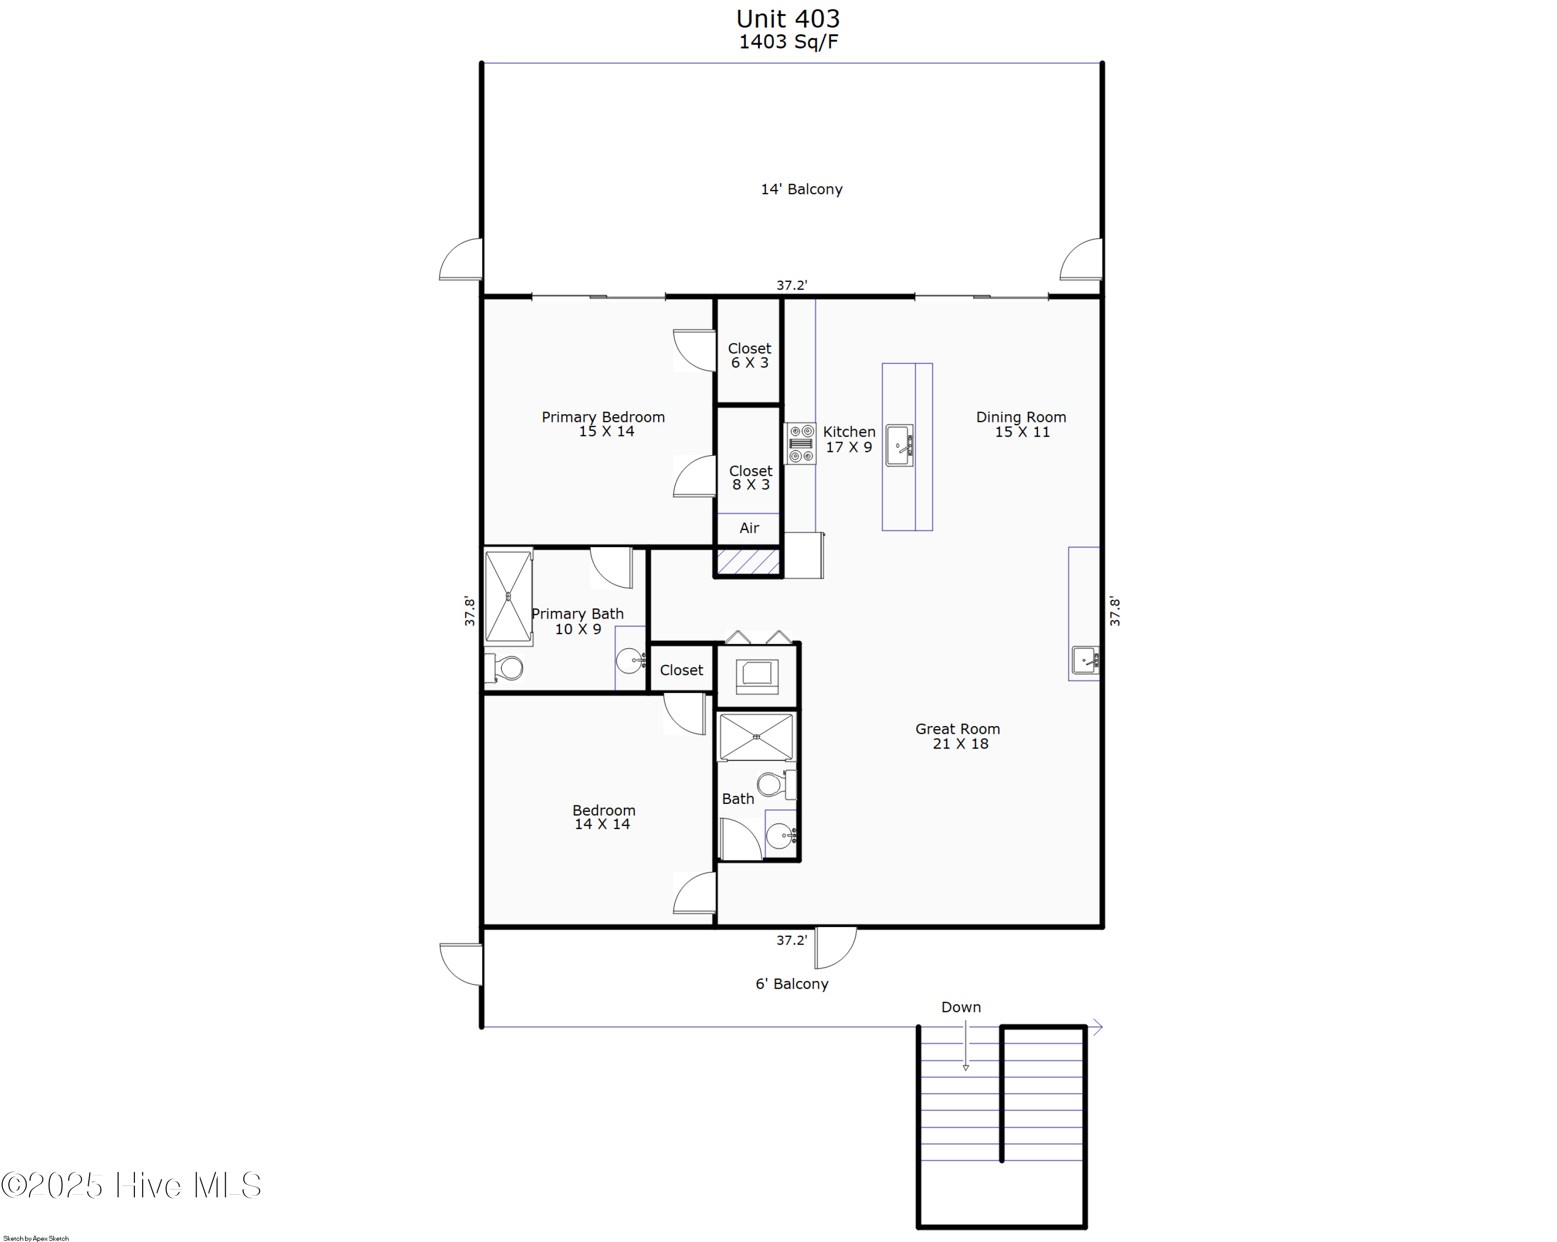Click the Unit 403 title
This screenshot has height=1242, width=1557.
pos(788,19)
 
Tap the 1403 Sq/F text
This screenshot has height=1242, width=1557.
pos(788,42)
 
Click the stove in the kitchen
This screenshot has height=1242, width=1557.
pos(800,443)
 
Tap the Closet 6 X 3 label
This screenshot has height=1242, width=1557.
pos(749,356)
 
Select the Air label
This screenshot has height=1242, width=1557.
pos(749,528)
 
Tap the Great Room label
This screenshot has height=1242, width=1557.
pos(958,736)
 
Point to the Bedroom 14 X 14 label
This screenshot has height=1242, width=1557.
pos(603,817)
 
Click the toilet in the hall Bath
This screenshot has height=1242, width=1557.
pos(775,784)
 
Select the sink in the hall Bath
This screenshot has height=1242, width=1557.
pos(780,836)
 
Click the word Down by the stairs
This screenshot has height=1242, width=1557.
pos(961,1006)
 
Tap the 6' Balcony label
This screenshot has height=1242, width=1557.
pos(791,984)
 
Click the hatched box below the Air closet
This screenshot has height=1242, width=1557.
pos(748,561)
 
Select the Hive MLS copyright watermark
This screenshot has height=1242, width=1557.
pos(131,1185)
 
